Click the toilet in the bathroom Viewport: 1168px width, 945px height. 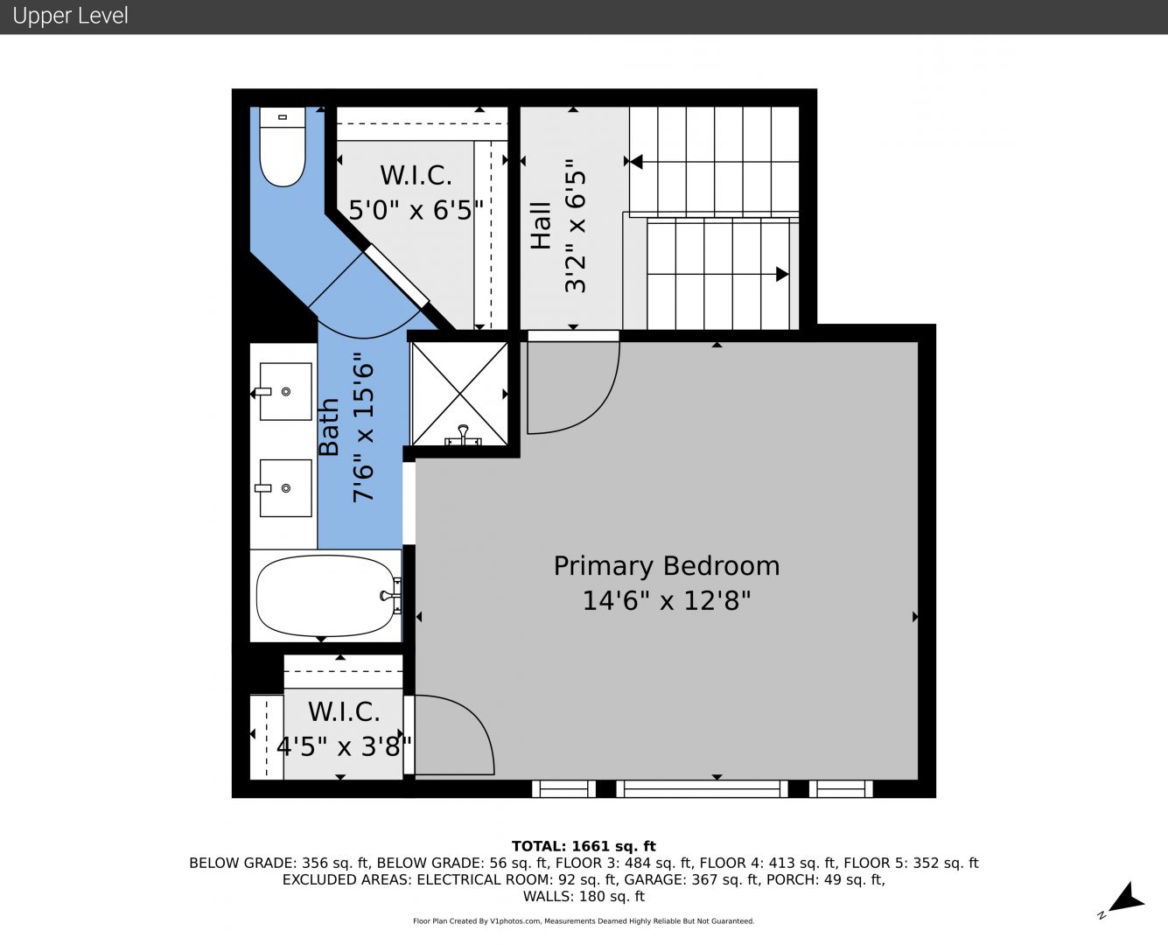pyautogui.click(x=282, y=146)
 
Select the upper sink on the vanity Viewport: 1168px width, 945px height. pyautogui.click(x=285, y=392)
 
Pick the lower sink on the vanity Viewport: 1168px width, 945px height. pyautogui.click(x=285, y=488)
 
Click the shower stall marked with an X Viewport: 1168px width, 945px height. pyautogui.click(x=459, y=393)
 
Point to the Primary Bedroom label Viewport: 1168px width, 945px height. pyautogui.click(x=667, y=566)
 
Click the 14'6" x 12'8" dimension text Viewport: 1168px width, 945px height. pyautogui.click(x=667, y=600)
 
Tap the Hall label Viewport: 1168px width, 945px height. pyautogui.click(x=541, y=226)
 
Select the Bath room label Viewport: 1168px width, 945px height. pyautogui.click(x=329, y=427)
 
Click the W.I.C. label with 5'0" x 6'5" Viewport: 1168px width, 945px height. pyautogui.click(x=416, y=176)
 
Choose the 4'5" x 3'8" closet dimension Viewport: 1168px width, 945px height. pyautogui.click(x=344, y=746)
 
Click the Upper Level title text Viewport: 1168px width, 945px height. pyautogui.click(x=70, y=16)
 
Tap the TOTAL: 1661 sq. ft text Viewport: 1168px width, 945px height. pyautogui.click(x=584, y=846)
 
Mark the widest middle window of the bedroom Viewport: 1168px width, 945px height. pyautogui.click(x=702, y=789)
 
